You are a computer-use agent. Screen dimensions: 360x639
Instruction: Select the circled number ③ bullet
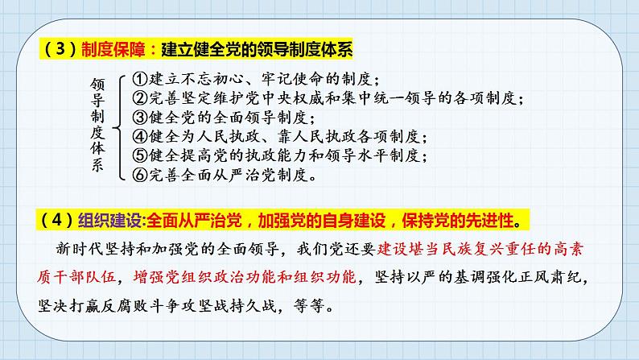tap(137, 118)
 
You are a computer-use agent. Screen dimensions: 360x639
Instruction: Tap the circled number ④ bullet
tap(137, 136)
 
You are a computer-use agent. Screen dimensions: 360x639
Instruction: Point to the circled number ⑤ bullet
tap(137, 155)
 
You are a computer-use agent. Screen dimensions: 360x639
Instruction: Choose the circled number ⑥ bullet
tap(137, 173)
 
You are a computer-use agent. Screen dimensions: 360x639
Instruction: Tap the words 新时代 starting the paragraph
tap(68, 249)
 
